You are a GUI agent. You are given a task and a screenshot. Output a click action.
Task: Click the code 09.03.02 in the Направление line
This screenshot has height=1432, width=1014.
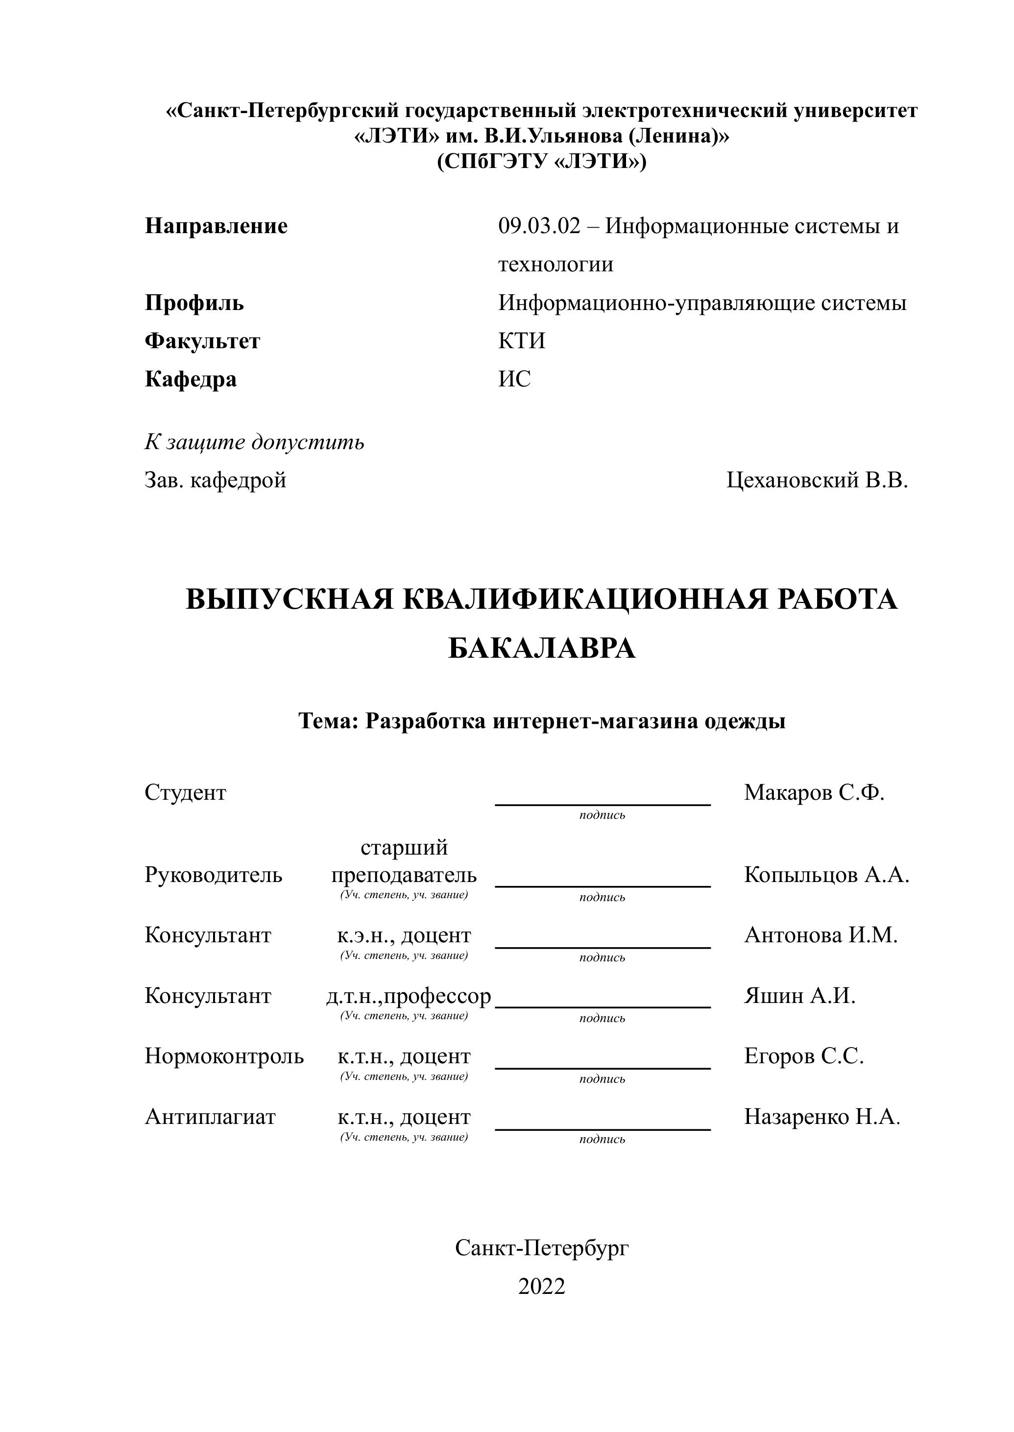click(539, 226)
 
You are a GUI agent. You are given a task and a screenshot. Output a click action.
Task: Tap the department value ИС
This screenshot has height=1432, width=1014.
click(514, 379)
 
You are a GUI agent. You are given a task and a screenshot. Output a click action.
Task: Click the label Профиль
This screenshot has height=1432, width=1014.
click(194, 303)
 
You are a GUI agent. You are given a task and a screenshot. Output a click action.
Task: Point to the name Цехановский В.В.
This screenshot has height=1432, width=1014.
click(817, 480)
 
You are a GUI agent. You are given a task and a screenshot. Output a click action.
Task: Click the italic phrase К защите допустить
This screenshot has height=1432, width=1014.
click(254, 442)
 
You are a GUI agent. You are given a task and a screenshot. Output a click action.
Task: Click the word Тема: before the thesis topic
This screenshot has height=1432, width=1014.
click(328, 721)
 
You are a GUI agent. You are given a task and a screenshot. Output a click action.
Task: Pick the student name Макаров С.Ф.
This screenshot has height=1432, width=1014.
click(814, 793)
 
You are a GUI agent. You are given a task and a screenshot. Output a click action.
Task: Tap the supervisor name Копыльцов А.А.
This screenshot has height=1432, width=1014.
click(826, 875)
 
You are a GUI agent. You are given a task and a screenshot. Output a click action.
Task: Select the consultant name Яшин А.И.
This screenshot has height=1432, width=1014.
click(799, 996)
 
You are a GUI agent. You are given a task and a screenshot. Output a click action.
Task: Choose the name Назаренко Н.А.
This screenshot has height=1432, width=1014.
click(821, 1117)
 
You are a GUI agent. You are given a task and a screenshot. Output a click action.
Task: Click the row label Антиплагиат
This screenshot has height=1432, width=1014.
click(210, 1117)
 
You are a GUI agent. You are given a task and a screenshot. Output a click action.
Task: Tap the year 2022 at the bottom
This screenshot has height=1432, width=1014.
click(541, 1287)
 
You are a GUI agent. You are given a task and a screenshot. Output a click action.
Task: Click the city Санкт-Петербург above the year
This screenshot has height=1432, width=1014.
click(541, 1248)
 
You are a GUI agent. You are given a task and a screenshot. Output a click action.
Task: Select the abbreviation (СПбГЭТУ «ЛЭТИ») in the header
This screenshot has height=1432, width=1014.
click(541, 162)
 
